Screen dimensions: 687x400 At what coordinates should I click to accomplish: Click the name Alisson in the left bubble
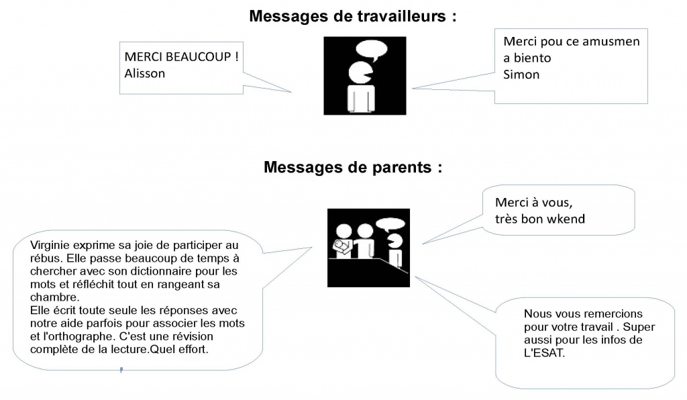pos(145,73)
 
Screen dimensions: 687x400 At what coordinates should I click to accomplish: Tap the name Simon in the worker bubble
pos(521,74)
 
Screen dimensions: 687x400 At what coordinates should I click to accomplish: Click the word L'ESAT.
pos(544,352)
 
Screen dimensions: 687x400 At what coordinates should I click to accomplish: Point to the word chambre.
pos(54,297)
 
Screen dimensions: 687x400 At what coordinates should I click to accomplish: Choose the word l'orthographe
pos(79,336)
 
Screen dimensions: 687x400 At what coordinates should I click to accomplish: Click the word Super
pos(639,327)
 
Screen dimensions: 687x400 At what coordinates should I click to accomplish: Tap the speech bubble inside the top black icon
pos(372,50)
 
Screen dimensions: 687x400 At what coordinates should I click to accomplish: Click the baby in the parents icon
pos(343,248)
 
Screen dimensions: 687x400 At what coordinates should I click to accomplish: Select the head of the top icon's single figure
pos(360,73)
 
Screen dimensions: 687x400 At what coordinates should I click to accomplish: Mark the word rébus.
pos(45,258)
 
